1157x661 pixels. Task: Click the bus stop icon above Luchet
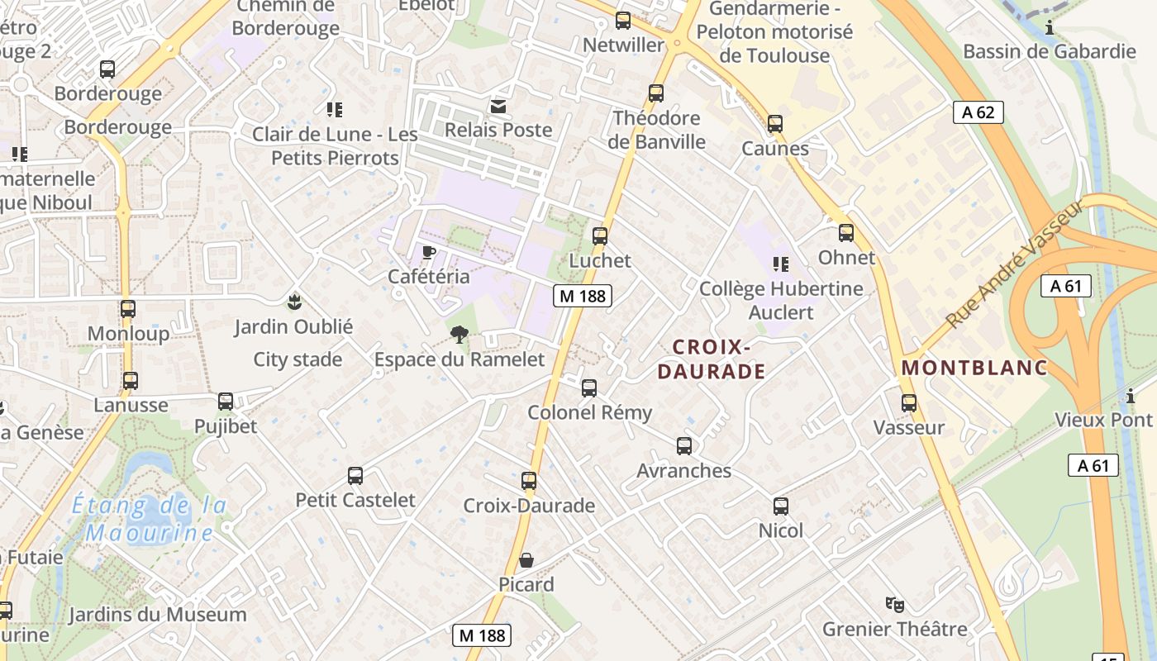point(600,236)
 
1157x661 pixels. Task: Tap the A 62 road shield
point(978,112)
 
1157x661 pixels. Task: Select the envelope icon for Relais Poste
point(498,106)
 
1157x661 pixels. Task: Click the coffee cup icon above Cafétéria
point(428,252)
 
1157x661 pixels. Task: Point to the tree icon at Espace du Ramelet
point(459,335)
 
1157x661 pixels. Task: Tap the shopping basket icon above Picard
point(526,560)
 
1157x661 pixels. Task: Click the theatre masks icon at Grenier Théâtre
point(894,605)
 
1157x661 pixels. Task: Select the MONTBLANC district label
point(974,368)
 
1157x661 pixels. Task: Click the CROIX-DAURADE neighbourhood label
point(711,359)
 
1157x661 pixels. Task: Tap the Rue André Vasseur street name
point(1016,264)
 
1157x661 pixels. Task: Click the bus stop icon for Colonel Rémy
point(589,388)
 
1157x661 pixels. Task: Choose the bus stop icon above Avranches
point(684,446)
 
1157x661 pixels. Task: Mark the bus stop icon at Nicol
point(781,506)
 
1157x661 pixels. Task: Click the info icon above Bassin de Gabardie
point(1050,27)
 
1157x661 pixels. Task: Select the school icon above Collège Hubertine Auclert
point(781,264)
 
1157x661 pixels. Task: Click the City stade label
point(298,359)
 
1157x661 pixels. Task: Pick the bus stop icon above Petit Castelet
point(355,476)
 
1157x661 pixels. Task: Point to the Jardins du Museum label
point(157,615)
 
